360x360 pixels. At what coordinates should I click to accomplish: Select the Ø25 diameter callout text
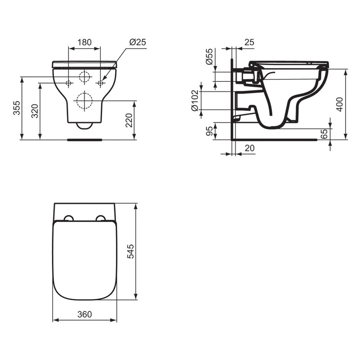tap(138, 42)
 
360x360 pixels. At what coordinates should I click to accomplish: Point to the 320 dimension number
tap(35, 111)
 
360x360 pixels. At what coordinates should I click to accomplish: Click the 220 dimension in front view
tap(129, 120)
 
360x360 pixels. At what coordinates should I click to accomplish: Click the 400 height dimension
tap(340, 104)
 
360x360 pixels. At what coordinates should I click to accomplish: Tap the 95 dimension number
tap(210, 131)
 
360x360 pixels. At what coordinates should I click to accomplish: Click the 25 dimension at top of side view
tap(249, 42)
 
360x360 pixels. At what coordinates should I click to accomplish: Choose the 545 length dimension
tap(131, 251)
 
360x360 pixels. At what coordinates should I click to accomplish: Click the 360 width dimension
tap(85, 315)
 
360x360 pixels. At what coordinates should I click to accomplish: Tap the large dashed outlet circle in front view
tap(84, 100)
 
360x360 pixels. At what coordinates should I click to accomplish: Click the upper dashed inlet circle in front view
tap(84, 76)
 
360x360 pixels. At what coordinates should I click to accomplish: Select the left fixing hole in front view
tap(68, 83)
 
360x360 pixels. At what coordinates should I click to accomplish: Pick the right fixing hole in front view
tap(100, 83)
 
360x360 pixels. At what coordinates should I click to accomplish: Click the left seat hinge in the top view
tap(68, 219)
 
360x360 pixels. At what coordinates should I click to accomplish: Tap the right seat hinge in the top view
tap(101, 219)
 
